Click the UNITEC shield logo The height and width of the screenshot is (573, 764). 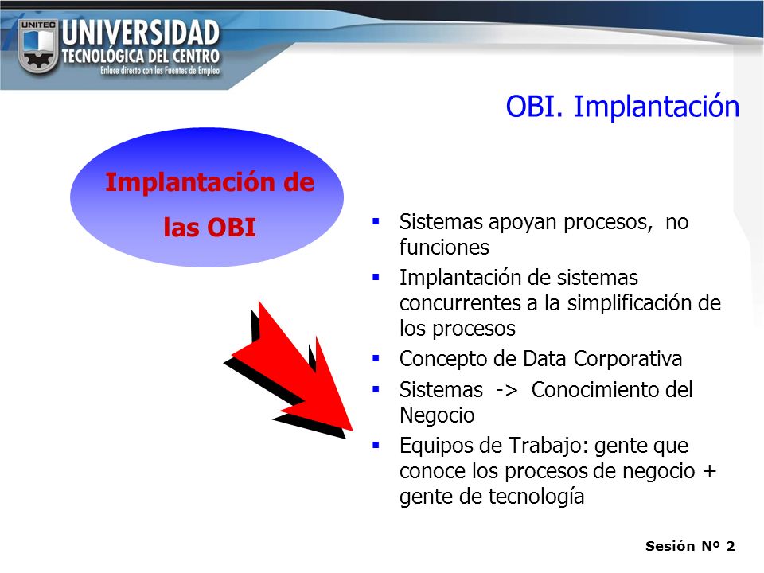pyautogui.click(x=38, y=46)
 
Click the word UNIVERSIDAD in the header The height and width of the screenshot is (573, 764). pyautogui.click(x=141, y=33)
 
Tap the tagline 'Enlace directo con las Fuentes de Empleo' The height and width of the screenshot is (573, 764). pyautogui.click(x=160, y=71)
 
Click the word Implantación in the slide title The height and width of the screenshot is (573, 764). pyautogui.click(x=657, y=107)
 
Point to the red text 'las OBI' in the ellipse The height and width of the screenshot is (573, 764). pyautogui.click(x=209, y=228)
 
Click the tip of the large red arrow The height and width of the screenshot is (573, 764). pyautogui.click(x=352, y=431)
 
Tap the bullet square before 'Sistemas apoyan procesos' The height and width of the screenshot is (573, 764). pyautogui.click(x=376, y=222)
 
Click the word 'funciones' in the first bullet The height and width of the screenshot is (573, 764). pyautogui.click(x=444, y=247)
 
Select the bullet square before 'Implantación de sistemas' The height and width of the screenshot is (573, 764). pyautogui.click(x=376, y=278)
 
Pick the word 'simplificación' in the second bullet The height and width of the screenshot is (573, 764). pyautogui.click(x=630, y=303)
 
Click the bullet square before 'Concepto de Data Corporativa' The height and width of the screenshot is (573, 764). pyautogui.click(x=376, y=359)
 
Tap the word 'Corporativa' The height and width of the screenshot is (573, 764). pyautogui.click(x=628, y=359)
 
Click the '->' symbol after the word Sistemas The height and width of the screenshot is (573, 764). pyautogui.click(x=507, y=390)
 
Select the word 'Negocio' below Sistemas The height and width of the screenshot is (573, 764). pyautogui.click(x=437, y=415)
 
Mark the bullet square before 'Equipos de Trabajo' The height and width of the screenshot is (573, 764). pyautogui.click(x=376, y=445)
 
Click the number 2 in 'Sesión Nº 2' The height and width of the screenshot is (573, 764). pyautogui.click(x=731, y=546)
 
